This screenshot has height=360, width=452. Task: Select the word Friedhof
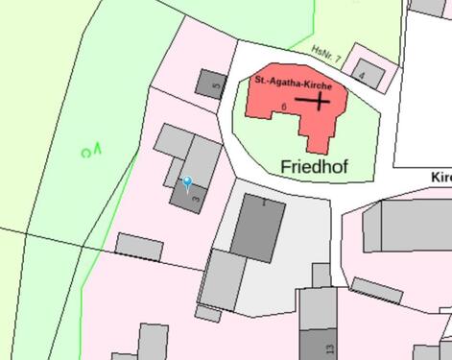(x=315, y=166)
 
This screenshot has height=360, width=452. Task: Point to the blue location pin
(x=188, y=182)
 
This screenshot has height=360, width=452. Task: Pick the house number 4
(x=362, y=73)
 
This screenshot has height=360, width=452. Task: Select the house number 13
(x=330, y=348)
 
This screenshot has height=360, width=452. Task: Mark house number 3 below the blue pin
(x=197, y=198)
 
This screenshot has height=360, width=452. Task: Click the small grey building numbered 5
(x=209, y=83)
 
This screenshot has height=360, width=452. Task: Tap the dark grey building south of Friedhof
(x=256, y=227)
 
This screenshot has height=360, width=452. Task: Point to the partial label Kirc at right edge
(x=441, y=178)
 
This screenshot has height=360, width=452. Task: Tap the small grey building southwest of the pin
(x=139, y=246)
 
